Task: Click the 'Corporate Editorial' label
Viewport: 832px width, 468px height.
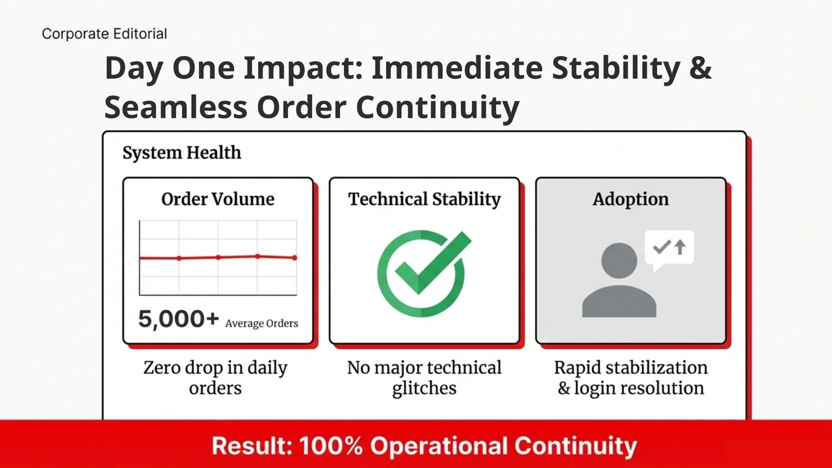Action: click(105, 34)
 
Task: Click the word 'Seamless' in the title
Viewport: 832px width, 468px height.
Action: click(175, 107)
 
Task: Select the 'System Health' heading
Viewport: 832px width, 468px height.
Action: click(181, 153)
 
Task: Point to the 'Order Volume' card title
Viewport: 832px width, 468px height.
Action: click(218, 199)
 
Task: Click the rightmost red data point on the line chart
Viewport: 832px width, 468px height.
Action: click(294, 258)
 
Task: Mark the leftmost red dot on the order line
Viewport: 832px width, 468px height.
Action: click(179, 258)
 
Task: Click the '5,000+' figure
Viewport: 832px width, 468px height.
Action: click(178, 319)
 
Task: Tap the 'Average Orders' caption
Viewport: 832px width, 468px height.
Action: click(261, 324)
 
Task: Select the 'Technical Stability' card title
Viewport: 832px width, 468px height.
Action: click(424, 199)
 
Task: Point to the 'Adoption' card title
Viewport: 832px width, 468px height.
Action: click(630, 200)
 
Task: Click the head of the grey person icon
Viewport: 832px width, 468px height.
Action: click(619, 261)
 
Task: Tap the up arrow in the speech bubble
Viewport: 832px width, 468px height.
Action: click(680, 247)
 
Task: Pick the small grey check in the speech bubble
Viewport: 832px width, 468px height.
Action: click(662, 247)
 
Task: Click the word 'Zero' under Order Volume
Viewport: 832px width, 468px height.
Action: click(162, 368)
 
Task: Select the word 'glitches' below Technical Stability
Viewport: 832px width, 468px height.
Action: click(424, 389)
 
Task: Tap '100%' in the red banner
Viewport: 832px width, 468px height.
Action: click(331, 446)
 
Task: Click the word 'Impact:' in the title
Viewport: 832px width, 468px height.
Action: click(303, 68)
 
